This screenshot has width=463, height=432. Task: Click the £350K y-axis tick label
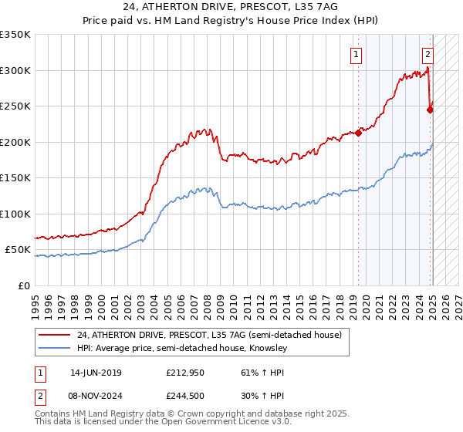[15, 35]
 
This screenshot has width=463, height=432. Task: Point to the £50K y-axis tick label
[19, 250]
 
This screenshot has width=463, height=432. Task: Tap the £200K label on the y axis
[15, 142]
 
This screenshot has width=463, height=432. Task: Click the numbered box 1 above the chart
[357, 54]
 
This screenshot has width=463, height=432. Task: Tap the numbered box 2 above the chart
[428, 54]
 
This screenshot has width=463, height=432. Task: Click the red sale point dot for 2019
[359, 133]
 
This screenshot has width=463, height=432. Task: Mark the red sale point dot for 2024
[431, 110]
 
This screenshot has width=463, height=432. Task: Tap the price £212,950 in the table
[184, 373]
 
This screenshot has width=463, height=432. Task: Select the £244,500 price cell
[184, 396]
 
